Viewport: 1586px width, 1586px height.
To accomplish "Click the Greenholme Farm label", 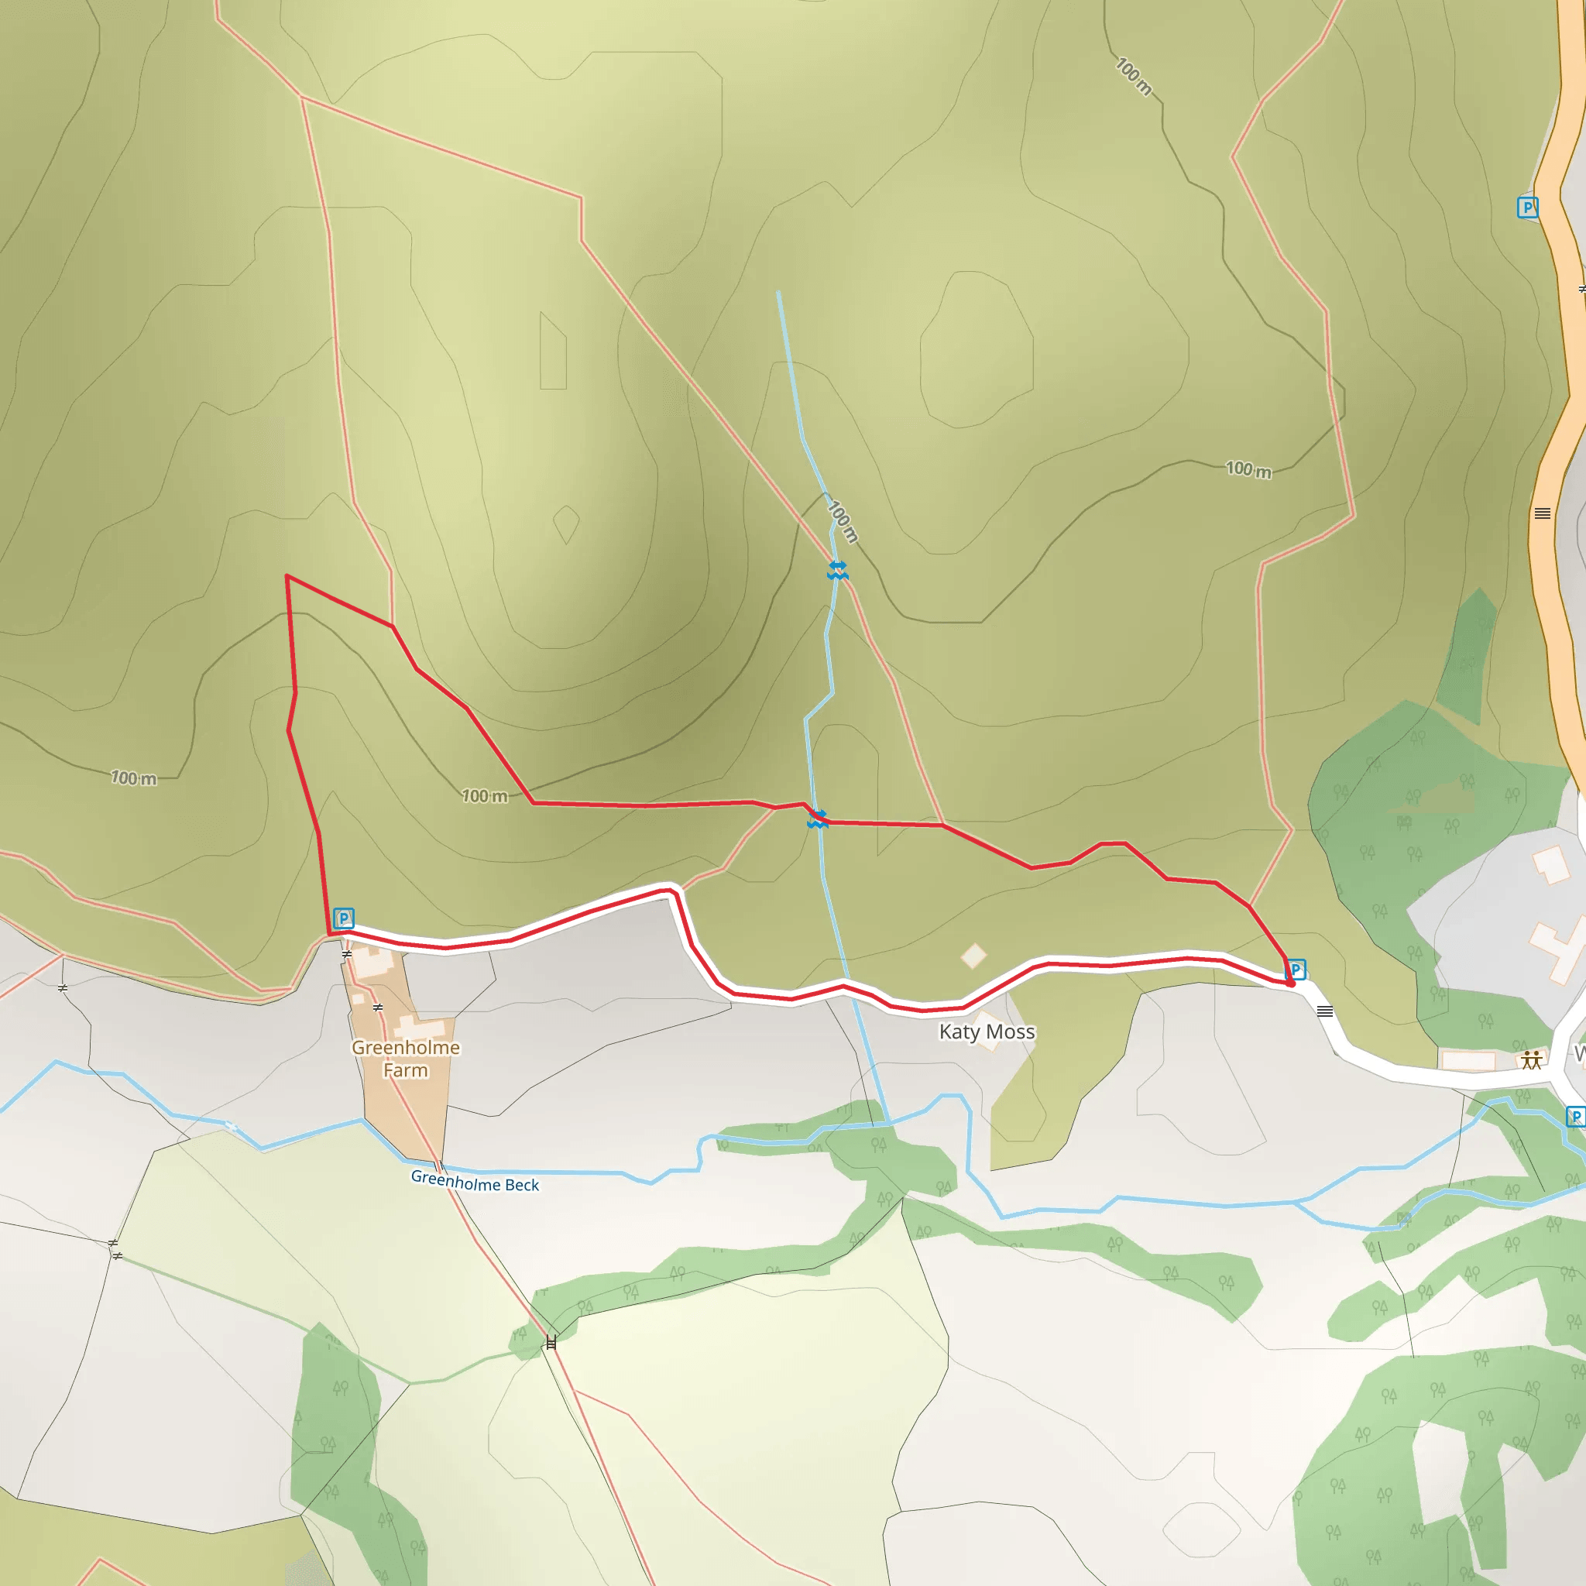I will click(x=406, y=1059).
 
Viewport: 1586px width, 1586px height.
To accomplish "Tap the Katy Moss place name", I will click(x=987, y=1032).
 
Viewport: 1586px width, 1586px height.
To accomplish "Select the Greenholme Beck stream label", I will click(x=475, y=1182).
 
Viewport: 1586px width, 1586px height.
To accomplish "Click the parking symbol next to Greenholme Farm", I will click(x=344, y=918).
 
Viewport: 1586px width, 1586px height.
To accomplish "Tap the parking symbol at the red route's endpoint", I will click(x=1296, y=970).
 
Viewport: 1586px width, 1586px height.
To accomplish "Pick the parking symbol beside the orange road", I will click(x=1527, y=207).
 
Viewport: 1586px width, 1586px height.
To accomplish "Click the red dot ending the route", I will click(x=1290, y=983).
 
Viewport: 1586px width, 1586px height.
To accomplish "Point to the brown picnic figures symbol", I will click(x=1531, y=1060).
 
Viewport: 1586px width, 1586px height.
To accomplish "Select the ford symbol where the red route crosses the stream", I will click(x=818, y=819).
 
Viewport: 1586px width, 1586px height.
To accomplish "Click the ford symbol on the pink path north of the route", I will click(x=837, y=571).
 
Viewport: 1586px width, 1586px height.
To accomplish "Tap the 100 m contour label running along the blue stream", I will click(x=843, y=521).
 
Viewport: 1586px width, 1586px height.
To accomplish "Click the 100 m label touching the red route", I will click(x=484, y=795).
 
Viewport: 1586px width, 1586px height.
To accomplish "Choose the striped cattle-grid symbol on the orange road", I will click(x=1543, y=514).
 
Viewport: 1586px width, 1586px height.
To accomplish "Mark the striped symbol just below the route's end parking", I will click(x=1325, y=1011).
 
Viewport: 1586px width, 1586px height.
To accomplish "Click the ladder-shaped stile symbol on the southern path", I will click(x=551, y=1342).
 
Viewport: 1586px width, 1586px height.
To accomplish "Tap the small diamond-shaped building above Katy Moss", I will click(x=973, y=956).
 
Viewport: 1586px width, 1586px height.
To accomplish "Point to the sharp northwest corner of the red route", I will click(x=287, y=576).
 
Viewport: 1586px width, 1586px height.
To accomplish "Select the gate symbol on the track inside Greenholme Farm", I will click(x=378, y=1008).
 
